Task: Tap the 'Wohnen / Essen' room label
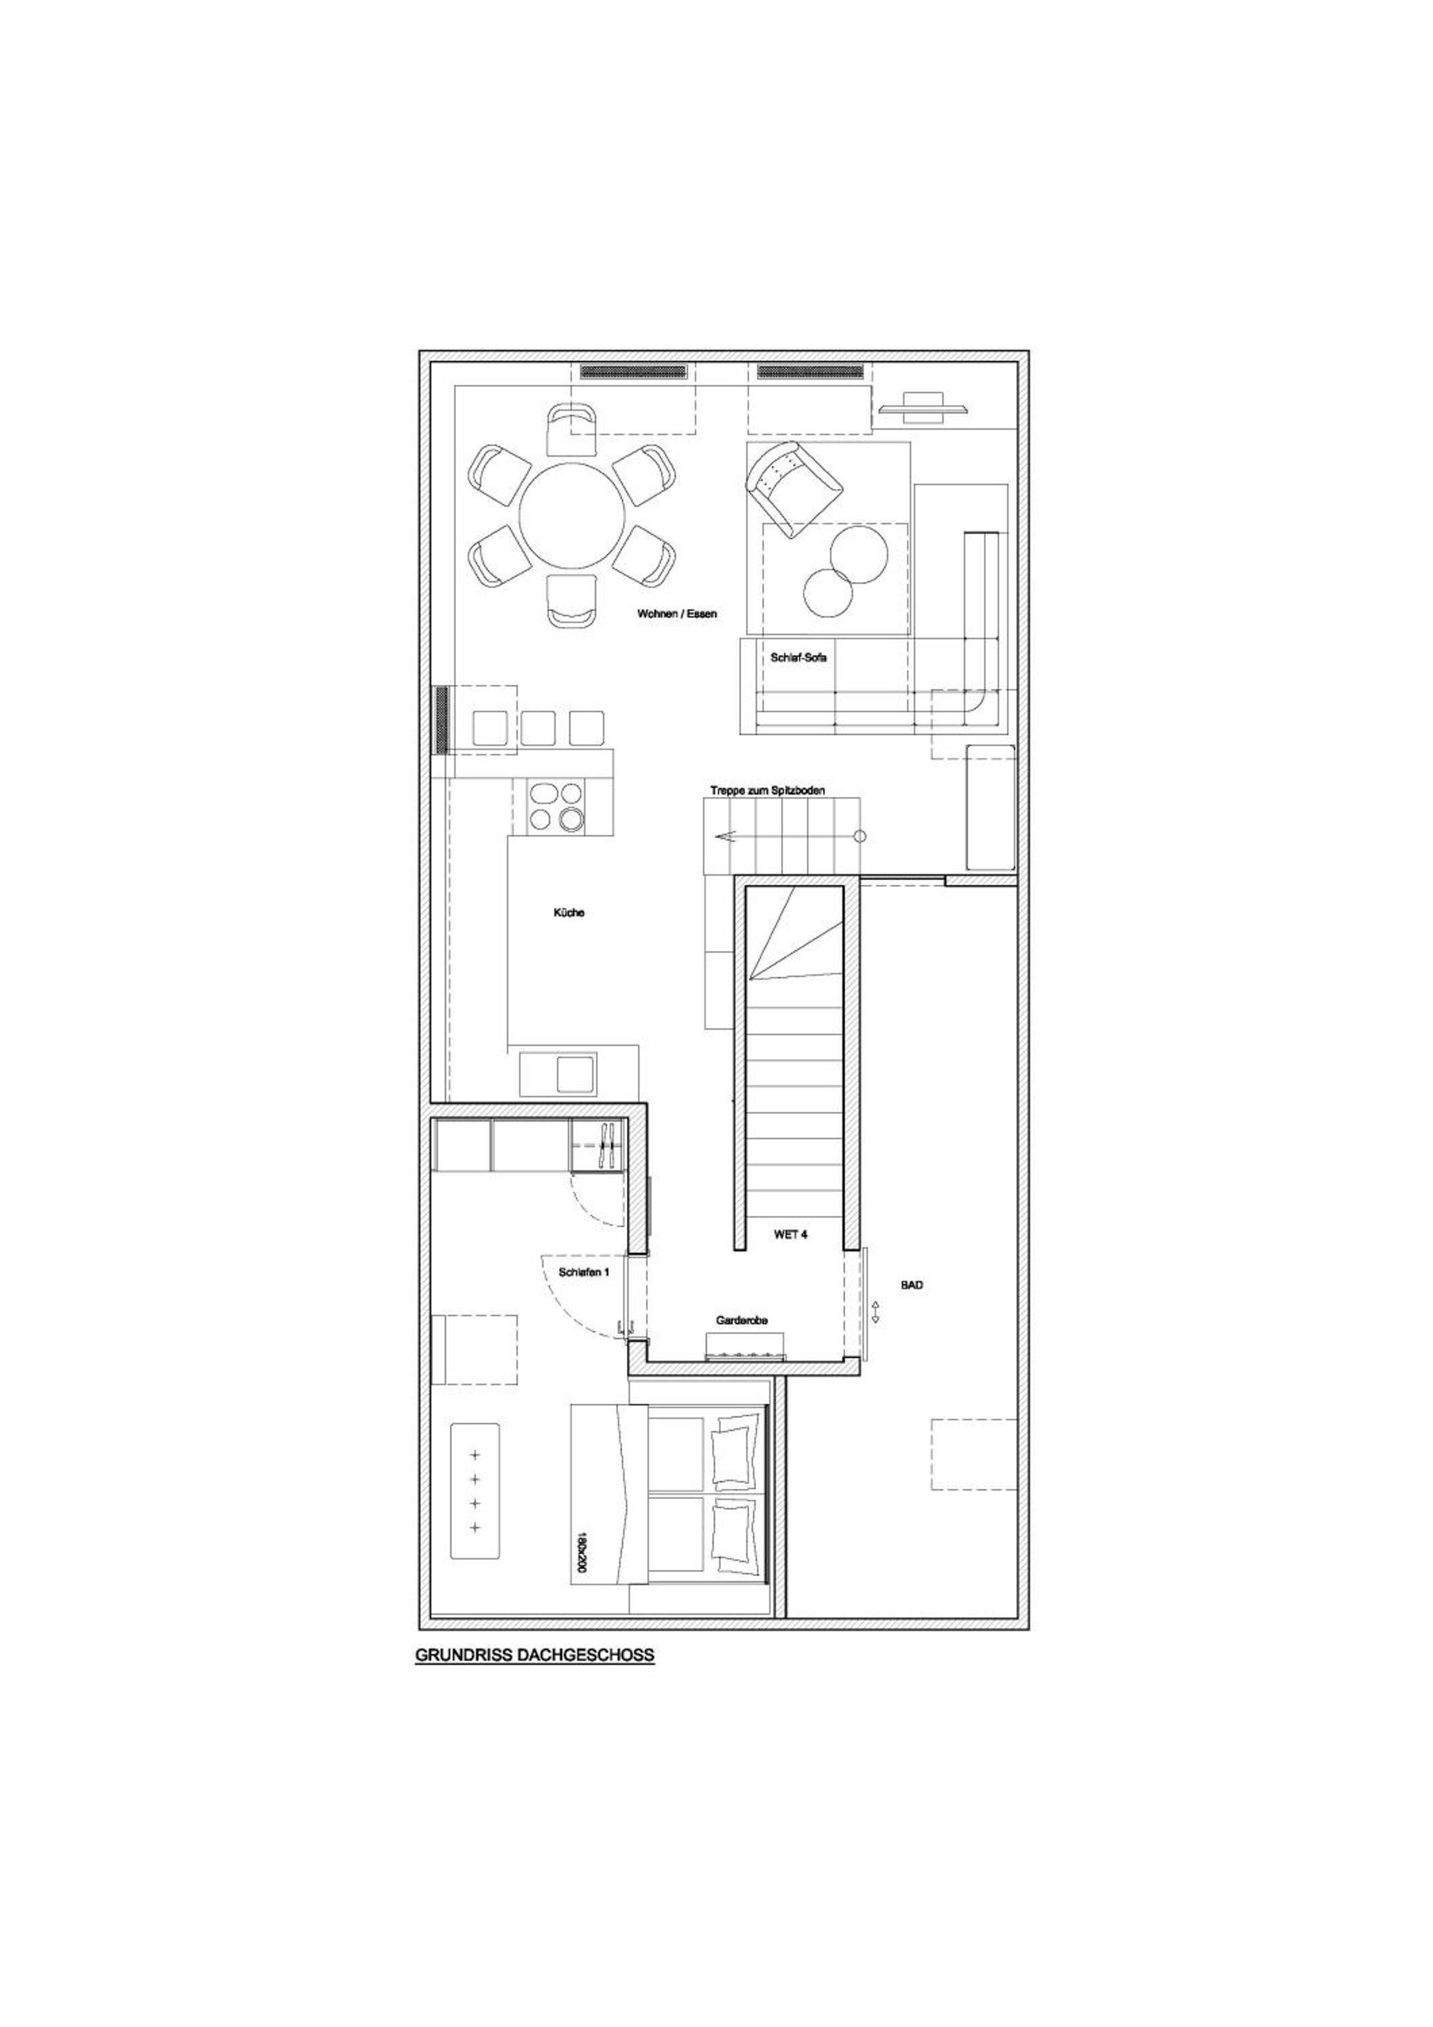[x=677, y=613]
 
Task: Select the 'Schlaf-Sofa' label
[x=798, y=657]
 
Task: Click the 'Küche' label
[x=568, y=913]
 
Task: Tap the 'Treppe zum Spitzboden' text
[x=767, y=791]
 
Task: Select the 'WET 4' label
[x=790, y=1235]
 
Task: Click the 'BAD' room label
[x=912, y=1284]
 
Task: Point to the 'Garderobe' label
[x=742, y=1345]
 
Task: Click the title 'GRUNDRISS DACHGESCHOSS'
[x=534, y=1656]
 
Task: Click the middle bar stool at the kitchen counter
[x=537, y=728]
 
